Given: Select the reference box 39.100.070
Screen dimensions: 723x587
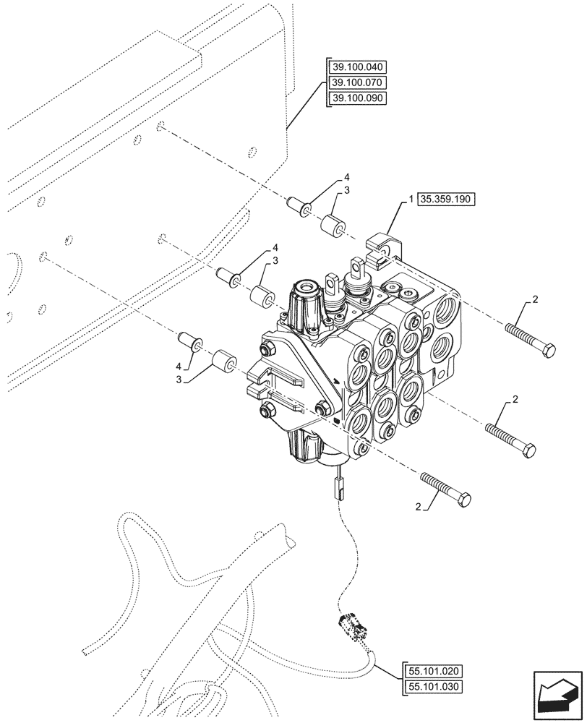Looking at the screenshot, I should (357, 82).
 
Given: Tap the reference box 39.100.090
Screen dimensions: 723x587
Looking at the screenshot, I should (357, 98).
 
